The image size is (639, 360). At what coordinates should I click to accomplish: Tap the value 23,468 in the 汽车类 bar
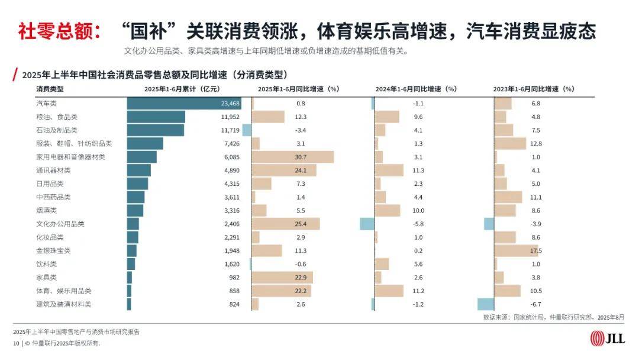point(231,103)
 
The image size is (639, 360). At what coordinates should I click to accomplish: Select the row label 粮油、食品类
point(57,117)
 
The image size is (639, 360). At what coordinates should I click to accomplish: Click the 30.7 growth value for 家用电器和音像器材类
point(301,157)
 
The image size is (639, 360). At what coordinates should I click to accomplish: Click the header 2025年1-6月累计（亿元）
point(182,89)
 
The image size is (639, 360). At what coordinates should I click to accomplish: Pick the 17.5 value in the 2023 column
point(536,250)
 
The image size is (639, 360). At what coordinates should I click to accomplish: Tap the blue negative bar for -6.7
point(485,304)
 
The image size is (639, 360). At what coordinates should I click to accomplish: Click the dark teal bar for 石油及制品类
point(155,130)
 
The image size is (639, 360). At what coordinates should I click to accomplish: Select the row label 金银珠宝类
point(53,250)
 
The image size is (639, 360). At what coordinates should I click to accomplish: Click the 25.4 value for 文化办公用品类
point(301,224)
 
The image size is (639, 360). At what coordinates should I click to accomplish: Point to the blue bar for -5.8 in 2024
point(367,224)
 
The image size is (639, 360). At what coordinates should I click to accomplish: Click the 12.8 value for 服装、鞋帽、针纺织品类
point(536,143)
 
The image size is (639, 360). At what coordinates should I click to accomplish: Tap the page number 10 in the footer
point(16,343)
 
